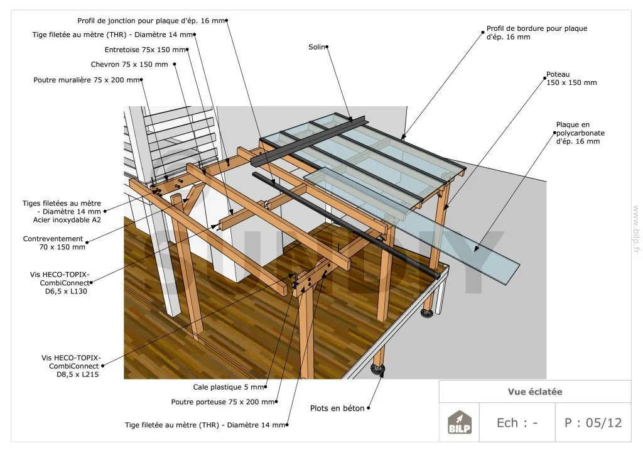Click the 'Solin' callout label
pos(316,47)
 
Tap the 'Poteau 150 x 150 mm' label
pos(571,79)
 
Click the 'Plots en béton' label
pos(337,408)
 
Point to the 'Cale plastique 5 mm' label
pos(229,387)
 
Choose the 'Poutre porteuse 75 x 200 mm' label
pos(223,402)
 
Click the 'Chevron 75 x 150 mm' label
pos(129,64)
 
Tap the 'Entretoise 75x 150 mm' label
pos(145,50)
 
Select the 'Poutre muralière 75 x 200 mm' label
pos(87,80)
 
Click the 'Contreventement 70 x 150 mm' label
pos(53,243)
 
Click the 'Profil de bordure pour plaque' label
pos(537,33)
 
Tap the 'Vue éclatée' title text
pos(535,392)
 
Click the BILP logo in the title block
pos(459,422)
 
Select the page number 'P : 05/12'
pos(593,422)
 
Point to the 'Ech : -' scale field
pos(517,422)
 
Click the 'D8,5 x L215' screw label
pos(77,375)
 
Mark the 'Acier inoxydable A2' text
pos(67,220)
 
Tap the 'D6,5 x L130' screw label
pos(66,292)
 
